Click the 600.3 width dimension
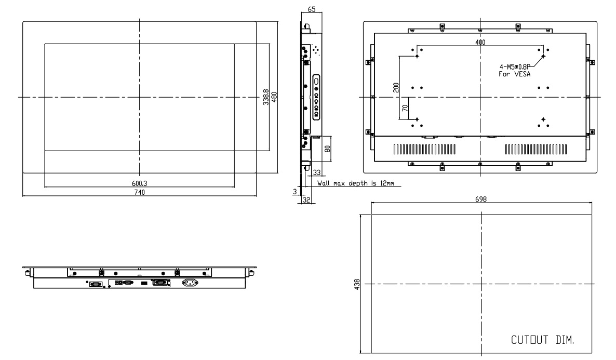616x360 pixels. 139,183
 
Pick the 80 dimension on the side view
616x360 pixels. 326,149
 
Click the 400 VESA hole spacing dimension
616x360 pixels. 480,42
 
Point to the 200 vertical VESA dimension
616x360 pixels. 396,87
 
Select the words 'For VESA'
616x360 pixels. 512,74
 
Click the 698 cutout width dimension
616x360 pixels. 481,199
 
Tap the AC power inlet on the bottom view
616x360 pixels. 190,283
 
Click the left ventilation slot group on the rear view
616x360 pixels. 425,150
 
